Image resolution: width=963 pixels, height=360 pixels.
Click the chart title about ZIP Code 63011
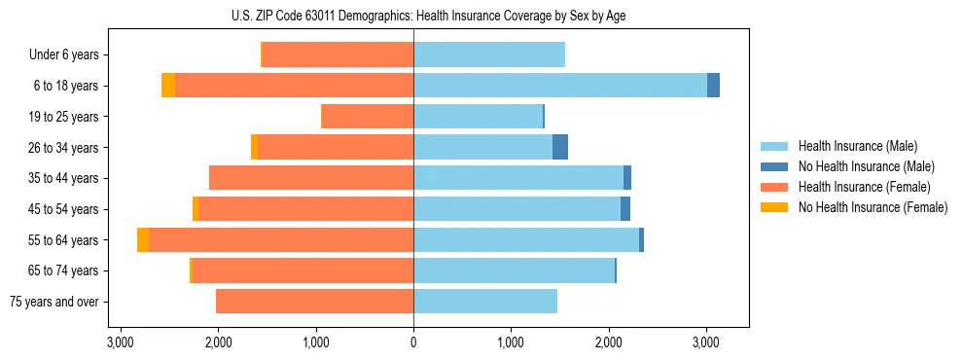413,16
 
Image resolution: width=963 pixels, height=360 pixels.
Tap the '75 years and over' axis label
53,302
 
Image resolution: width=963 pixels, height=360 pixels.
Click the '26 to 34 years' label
63,148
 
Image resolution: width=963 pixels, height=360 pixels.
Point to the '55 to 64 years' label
63,240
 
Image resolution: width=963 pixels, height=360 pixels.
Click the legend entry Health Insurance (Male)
857,146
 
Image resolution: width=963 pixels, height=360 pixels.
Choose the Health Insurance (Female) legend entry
864,187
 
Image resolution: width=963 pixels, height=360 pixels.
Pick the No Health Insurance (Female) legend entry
873,207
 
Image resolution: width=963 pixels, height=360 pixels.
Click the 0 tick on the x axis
413,342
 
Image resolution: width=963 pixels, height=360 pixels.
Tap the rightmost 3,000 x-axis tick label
706,342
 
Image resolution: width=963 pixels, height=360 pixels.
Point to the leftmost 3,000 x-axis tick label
121,342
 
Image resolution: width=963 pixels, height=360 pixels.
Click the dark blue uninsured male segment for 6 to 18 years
713,86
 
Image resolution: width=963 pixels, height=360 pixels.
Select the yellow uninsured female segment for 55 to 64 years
143,240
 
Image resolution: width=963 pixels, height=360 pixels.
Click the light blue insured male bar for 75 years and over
485,302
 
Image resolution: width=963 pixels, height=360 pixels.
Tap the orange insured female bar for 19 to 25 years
368,117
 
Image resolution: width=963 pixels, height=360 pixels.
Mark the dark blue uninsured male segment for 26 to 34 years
560,148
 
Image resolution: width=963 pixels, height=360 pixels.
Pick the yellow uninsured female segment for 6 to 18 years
168,86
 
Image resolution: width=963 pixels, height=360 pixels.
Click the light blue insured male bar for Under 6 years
489,54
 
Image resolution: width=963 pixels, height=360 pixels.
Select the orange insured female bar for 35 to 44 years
311,178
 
